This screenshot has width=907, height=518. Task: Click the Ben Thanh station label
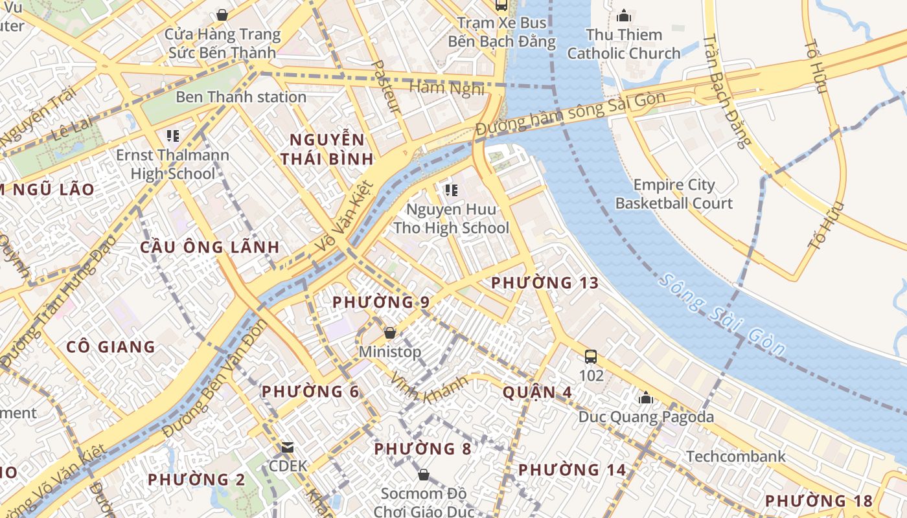241,97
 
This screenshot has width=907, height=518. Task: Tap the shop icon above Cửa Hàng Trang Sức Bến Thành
222,14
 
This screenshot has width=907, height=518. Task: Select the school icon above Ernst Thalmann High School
172,136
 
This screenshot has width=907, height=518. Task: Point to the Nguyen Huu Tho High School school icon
451,190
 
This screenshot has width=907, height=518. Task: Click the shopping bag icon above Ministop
390,333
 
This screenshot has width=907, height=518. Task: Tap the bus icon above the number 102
590,356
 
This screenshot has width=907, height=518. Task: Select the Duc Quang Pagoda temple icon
645,398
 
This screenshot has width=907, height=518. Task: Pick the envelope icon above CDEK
288,447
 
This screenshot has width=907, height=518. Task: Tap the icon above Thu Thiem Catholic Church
624,16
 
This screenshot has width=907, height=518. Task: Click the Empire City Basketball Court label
674,194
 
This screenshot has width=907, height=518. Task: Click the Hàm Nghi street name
447,87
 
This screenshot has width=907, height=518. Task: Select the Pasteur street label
387,87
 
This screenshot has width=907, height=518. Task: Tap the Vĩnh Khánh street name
429,387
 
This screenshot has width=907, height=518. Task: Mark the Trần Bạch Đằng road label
726,91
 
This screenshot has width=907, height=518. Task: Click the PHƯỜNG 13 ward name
544,283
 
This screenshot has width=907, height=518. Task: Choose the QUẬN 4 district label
529,392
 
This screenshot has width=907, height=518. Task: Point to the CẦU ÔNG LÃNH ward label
210,247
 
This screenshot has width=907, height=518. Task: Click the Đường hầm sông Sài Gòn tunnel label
570,114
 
